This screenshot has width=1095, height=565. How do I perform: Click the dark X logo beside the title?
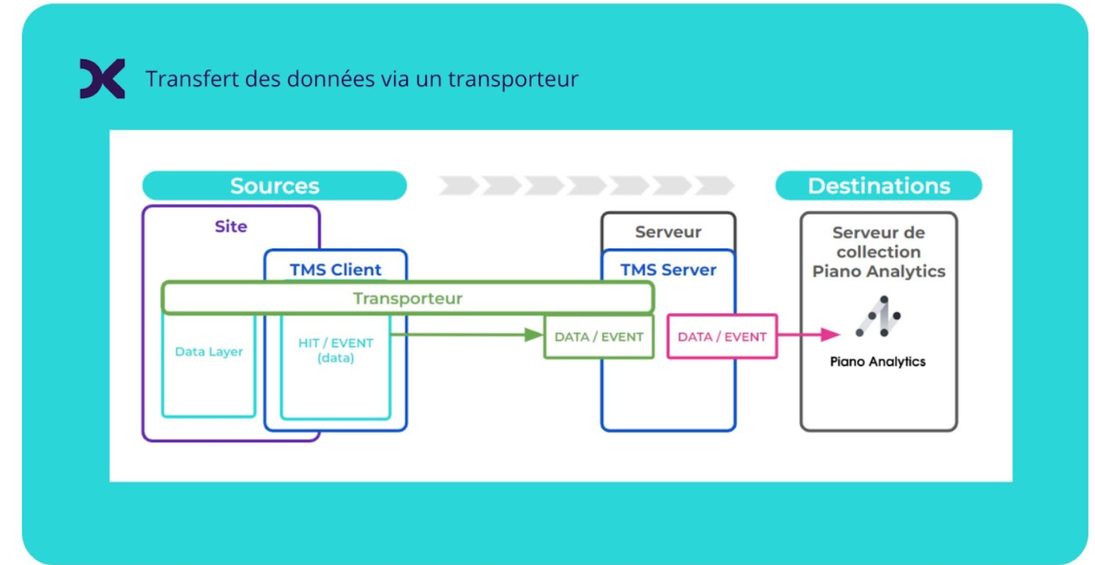coord(102,78)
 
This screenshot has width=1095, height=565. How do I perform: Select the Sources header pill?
coord(274,186)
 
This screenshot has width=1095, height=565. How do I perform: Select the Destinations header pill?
coord(878,186)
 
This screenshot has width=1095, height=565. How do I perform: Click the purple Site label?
coord(231,226)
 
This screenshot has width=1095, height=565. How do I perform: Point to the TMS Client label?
coord(335,270)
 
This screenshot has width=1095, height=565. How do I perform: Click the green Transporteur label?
coord(408,298)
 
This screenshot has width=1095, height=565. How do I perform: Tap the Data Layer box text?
coord(209,351)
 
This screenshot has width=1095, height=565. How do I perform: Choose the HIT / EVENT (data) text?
coord(335,350)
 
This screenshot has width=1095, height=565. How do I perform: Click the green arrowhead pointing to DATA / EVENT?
coord(533,335)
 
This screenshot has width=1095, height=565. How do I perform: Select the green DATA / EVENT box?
coord(599,337)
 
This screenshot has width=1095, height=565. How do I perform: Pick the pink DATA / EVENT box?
coord(721,337)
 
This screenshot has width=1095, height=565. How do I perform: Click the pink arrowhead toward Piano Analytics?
coord(829,334)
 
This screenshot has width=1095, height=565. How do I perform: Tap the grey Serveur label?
coord(668,232)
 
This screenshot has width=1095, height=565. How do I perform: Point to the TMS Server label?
coord(668,270)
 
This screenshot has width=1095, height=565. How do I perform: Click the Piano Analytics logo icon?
coord(878,317)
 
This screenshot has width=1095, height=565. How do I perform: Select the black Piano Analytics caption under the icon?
coord(878,362)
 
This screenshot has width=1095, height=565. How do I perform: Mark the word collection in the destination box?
coord(878,252)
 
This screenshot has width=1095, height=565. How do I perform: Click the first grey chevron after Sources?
coord(458,186)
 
